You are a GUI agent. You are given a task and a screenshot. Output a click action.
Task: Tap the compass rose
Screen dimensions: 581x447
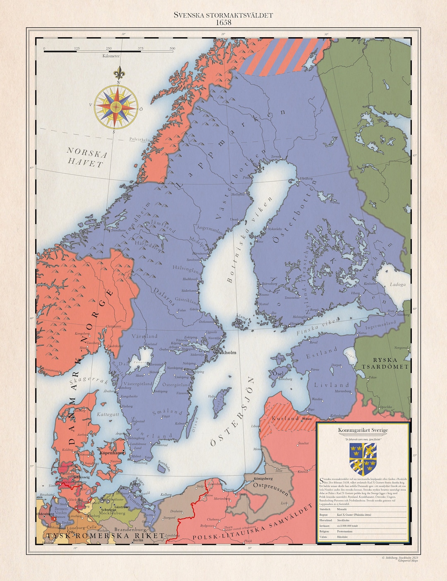[x=116, y=107]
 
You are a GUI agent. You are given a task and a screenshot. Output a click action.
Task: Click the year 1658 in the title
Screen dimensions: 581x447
[x=223, y=22]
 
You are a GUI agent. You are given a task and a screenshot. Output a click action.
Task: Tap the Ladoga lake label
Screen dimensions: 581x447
[x=397, y=285]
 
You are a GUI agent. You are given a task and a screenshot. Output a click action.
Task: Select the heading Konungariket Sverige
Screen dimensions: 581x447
[x=363, y=430]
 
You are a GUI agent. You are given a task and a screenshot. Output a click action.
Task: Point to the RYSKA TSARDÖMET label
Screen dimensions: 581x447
[x=385, y=363]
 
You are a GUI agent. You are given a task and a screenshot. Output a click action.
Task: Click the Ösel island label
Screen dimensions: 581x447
[x=278, y=373]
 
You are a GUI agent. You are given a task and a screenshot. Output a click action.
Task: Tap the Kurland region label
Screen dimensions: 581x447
[x=285, y=418]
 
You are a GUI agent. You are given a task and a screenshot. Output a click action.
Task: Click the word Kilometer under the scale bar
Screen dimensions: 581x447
[x=111, y=55]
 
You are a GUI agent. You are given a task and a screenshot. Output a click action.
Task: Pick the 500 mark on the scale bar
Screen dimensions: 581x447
[x=172, y=48]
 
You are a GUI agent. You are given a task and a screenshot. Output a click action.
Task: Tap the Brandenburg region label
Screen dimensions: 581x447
[x=130, y=530]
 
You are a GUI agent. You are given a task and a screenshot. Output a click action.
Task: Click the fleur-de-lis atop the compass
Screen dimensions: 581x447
[x=119, y=73]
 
